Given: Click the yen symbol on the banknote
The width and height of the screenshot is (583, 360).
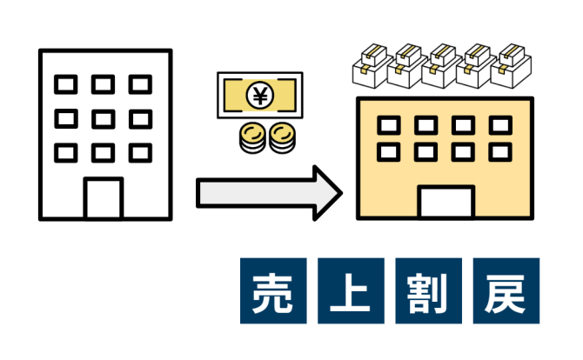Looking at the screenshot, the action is click(x=260, y=96).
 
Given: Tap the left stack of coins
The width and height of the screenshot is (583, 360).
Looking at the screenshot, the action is click(x=252, y=138).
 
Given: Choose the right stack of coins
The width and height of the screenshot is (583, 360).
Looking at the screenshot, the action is click(x=283, y=138).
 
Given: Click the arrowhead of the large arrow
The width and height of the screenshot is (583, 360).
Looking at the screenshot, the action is click(x=327, y=193).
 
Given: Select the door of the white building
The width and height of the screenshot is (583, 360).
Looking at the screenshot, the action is click(x=104, y=199).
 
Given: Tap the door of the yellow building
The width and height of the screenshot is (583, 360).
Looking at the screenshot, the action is click(x=446, y=202).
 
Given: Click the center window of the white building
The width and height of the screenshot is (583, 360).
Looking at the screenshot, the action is click(x=104, y=119).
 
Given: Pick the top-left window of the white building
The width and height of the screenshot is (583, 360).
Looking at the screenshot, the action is click(x=66, y=84).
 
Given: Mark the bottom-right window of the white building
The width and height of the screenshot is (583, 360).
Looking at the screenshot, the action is click(x=140, y=153).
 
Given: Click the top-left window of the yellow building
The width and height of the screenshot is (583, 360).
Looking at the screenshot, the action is click(x=389, y=125).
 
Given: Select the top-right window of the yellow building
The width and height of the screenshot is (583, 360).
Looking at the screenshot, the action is click(x=500, y=125).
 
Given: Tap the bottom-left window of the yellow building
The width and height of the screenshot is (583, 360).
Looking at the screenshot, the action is click(x=389, y=152).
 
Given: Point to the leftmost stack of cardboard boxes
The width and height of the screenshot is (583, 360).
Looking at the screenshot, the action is click(x=372, y=66).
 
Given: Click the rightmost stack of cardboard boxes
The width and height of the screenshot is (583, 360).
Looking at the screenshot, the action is click(x=511, y=66).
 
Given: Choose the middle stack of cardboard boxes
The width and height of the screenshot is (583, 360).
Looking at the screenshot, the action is click(x=442, y=66).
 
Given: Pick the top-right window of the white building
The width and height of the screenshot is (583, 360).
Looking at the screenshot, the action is click(x=140, y=84).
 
